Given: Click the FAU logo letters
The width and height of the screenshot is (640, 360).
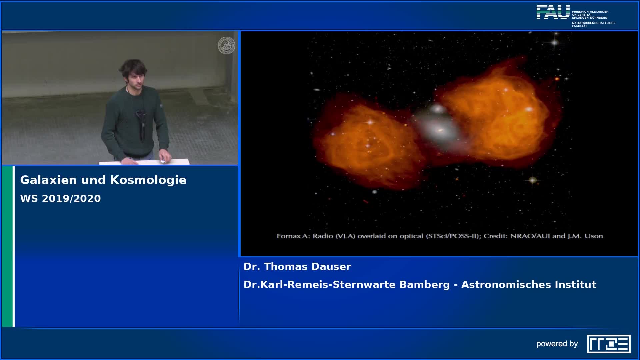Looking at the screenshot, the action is pos(553,12).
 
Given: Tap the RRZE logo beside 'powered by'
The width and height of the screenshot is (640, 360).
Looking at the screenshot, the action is pos(609,344).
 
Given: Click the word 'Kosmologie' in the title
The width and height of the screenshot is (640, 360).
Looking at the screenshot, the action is pos(148,180).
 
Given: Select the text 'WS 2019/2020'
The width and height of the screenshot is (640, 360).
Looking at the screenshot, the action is pos(60,198).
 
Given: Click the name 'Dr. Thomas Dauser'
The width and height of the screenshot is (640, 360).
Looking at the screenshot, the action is pos(297,267).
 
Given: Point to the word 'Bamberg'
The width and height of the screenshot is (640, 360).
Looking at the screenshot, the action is pos(425,285).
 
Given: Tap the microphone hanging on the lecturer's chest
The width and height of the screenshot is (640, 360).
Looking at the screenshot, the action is pos(141,115).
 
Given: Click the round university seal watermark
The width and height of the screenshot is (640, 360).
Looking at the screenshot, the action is pos(226,46).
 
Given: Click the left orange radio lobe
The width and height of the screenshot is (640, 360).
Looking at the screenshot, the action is pos(368,143).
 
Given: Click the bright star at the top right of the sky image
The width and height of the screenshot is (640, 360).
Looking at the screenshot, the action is pos(554,42).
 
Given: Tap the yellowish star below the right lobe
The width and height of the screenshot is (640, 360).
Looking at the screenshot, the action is pos(533,180).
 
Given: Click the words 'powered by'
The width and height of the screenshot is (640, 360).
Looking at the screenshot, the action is pos(557,344).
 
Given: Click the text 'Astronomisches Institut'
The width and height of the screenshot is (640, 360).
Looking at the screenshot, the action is pos(529,285).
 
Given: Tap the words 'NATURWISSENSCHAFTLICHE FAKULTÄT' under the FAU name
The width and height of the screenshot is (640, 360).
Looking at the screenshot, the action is pos(594,24).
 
